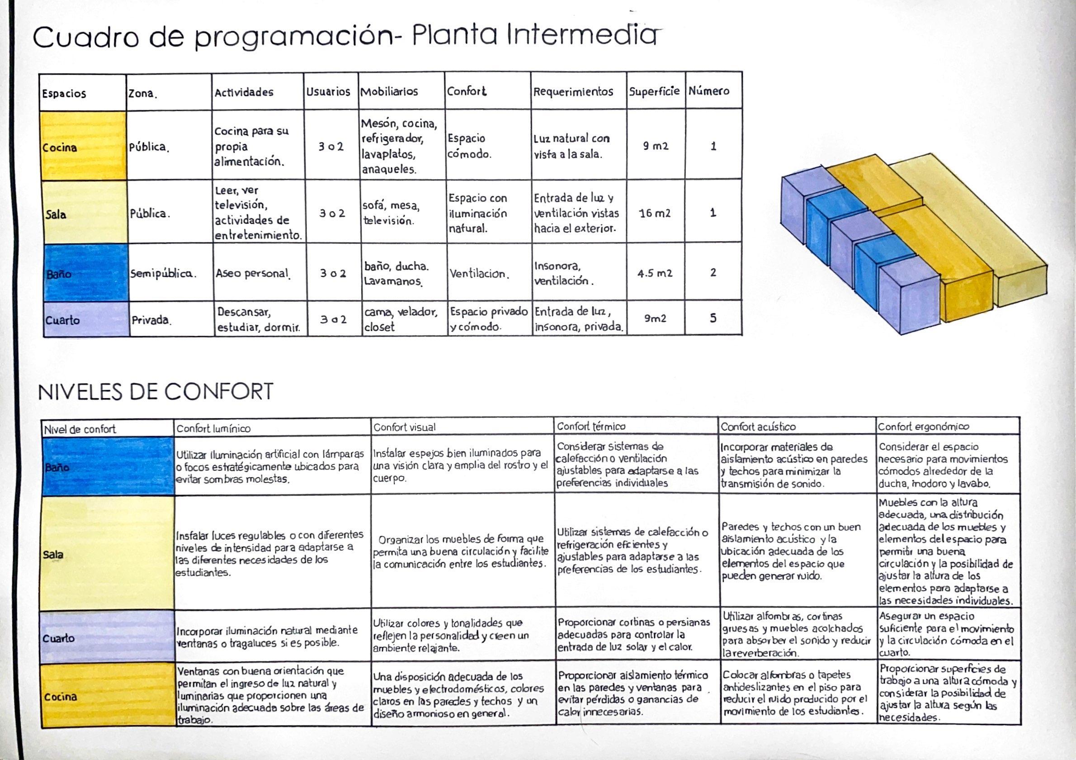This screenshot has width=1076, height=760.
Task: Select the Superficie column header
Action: click(654, 91)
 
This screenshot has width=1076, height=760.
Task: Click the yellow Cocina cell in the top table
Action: click(83, 146)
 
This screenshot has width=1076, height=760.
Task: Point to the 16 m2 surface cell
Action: click(655, 214)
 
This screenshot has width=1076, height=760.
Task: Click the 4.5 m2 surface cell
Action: click(655, 273)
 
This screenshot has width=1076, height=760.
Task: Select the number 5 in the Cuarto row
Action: click(713, 318)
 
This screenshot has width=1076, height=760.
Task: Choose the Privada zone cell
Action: click(151, 320)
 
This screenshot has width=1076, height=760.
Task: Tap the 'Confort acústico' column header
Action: click(758, 427)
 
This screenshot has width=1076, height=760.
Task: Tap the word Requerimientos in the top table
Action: click(573, 91)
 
